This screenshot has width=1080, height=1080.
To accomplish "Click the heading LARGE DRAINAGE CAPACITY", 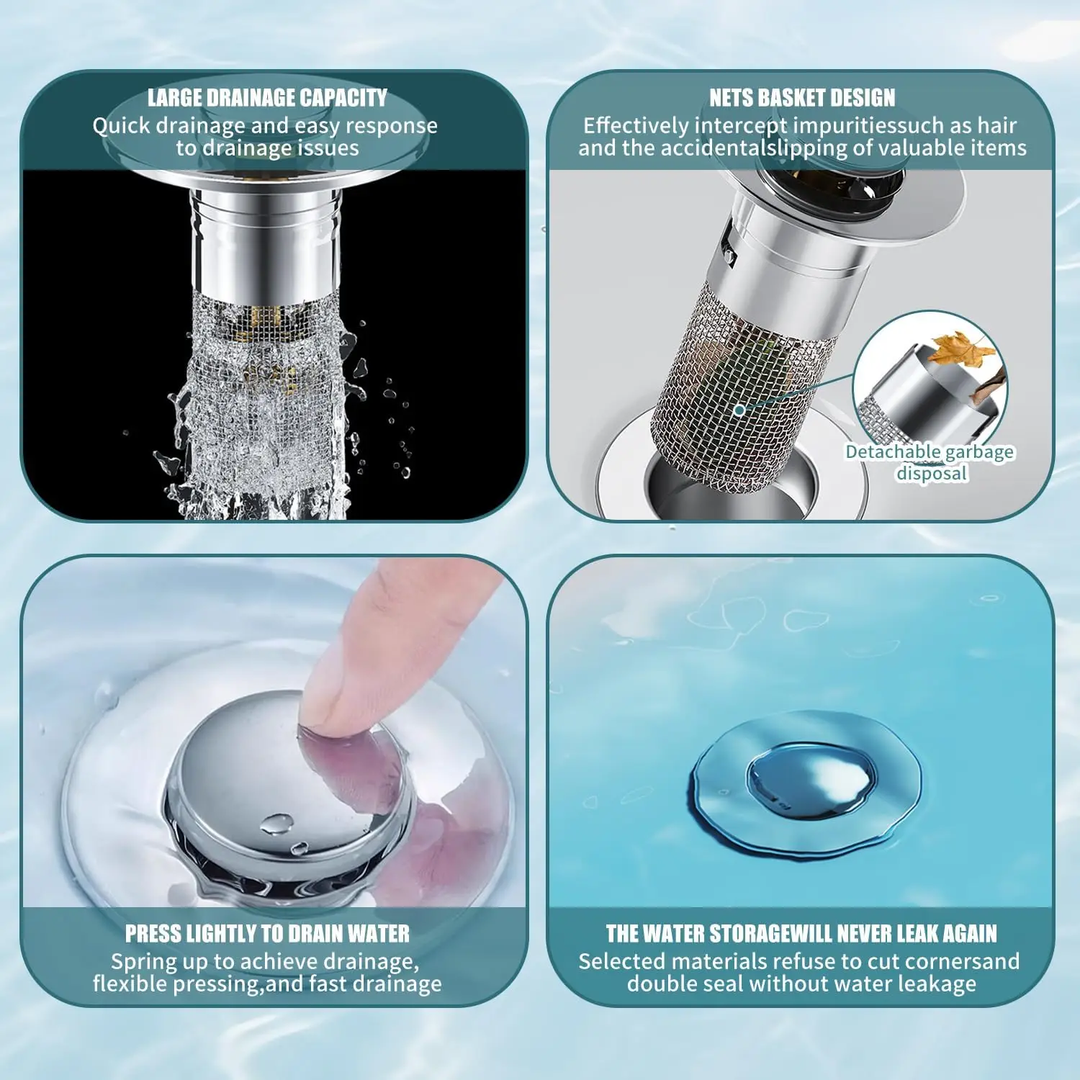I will coord(267,98).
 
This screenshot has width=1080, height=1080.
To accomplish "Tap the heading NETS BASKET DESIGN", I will coord(802,98).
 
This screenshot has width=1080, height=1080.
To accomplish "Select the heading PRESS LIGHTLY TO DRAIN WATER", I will coord(267,934).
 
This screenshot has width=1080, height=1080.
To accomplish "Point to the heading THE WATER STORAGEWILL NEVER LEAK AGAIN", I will coord(801,934).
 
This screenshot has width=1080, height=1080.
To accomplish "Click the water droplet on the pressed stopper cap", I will coord(276,824).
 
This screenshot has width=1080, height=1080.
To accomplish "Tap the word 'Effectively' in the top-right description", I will coord(635,126).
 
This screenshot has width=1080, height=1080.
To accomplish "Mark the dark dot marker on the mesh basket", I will coord(739,410).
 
